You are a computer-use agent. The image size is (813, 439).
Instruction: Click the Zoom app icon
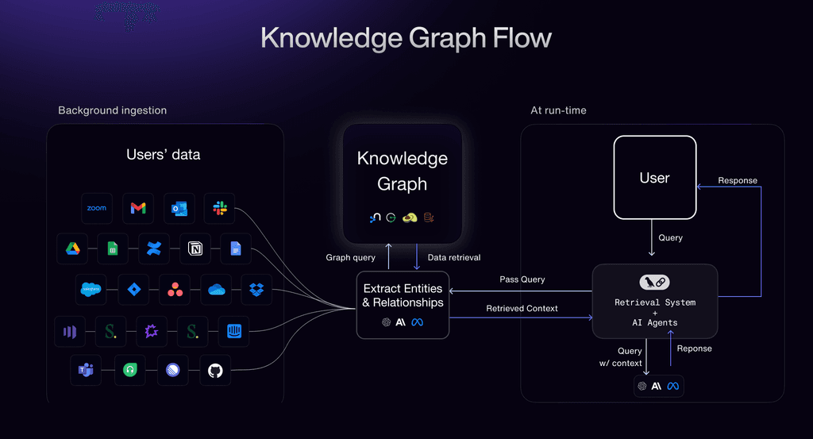coord(97,209)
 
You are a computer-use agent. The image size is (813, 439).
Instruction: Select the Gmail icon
coord(138,209)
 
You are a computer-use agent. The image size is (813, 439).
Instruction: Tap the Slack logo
coord(220,209)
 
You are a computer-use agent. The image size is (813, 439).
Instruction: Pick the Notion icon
coord(195,249)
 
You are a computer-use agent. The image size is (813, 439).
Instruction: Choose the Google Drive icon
coord(72,249)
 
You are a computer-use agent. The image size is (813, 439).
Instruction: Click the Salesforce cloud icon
coord(92,290)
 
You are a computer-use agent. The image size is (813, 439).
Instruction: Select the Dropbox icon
coord(256,290)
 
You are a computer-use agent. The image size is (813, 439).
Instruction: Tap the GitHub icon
coord(215,371)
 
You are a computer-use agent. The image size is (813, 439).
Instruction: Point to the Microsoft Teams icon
coord(86,371)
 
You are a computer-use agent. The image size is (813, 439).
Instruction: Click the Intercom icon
coord(233,331)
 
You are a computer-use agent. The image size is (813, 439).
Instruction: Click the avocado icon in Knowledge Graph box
coord(410,218)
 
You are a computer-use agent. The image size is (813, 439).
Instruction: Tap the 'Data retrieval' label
coord(454,257)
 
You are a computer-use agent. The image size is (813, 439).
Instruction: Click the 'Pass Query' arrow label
coord(522,279)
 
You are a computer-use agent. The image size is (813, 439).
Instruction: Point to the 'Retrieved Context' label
coord(522,308)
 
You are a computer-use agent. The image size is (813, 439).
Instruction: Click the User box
coord(655,178)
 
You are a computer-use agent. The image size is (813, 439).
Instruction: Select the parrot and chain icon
coord(655,282)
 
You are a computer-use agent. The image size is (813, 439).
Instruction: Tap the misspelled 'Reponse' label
coord(694,349)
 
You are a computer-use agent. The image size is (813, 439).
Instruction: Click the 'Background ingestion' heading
coord(113,110)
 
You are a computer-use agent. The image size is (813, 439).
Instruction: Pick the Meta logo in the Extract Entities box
coord(418,322)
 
